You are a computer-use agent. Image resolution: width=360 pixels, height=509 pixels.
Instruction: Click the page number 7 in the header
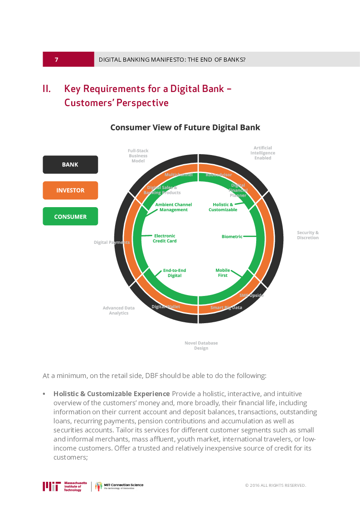tap(56, 60)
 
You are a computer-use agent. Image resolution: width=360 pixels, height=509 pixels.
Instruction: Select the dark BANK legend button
tap(70, 165)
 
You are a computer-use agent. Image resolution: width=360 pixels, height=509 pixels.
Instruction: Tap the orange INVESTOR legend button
tap(70, 190)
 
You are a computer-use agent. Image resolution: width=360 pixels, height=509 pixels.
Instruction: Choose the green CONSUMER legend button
tap(70, 217)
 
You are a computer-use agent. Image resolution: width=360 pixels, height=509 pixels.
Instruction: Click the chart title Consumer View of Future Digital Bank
tap(185, 127)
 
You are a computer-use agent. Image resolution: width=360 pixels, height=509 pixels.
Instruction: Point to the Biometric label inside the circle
tap(232, 237)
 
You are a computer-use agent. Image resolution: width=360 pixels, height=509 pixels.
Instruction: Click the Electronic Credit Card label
tap(165, 238)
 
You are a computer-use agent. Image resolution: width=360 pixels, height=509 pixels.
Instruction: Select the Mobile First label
tap(223, 273)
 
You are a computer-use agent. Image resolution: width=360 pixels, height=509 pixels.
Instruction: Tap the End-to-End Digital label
tap(175, 273)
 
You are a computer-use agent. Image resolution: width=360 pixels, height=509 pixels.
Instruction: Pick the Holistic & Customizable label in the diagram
tap(223, 207)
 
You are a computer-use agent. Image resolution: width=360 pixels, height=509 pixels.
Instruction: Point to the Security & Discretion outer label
tap(308, 235)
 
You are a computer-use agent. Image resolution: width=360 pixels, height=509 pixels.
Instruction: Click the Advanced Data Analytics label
tap(118, 310)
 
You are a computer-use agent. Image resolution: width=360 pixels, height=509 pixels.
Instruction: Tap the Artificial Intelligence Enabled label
tap(263, 153)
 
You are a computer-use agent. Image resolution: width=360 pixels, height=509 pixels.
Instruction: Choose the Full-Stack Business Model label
tap(138, 156)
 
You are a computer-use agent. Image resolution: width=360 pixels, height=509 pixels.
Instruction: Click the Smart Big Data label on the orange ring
tap(226, 307)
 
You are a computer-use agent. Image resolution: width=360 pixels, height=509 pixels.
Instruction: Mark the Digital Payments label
tap(112, 242)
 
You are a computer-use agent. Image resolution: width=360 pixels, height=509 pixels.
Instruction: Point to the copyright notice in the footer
tap(275, 485)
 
